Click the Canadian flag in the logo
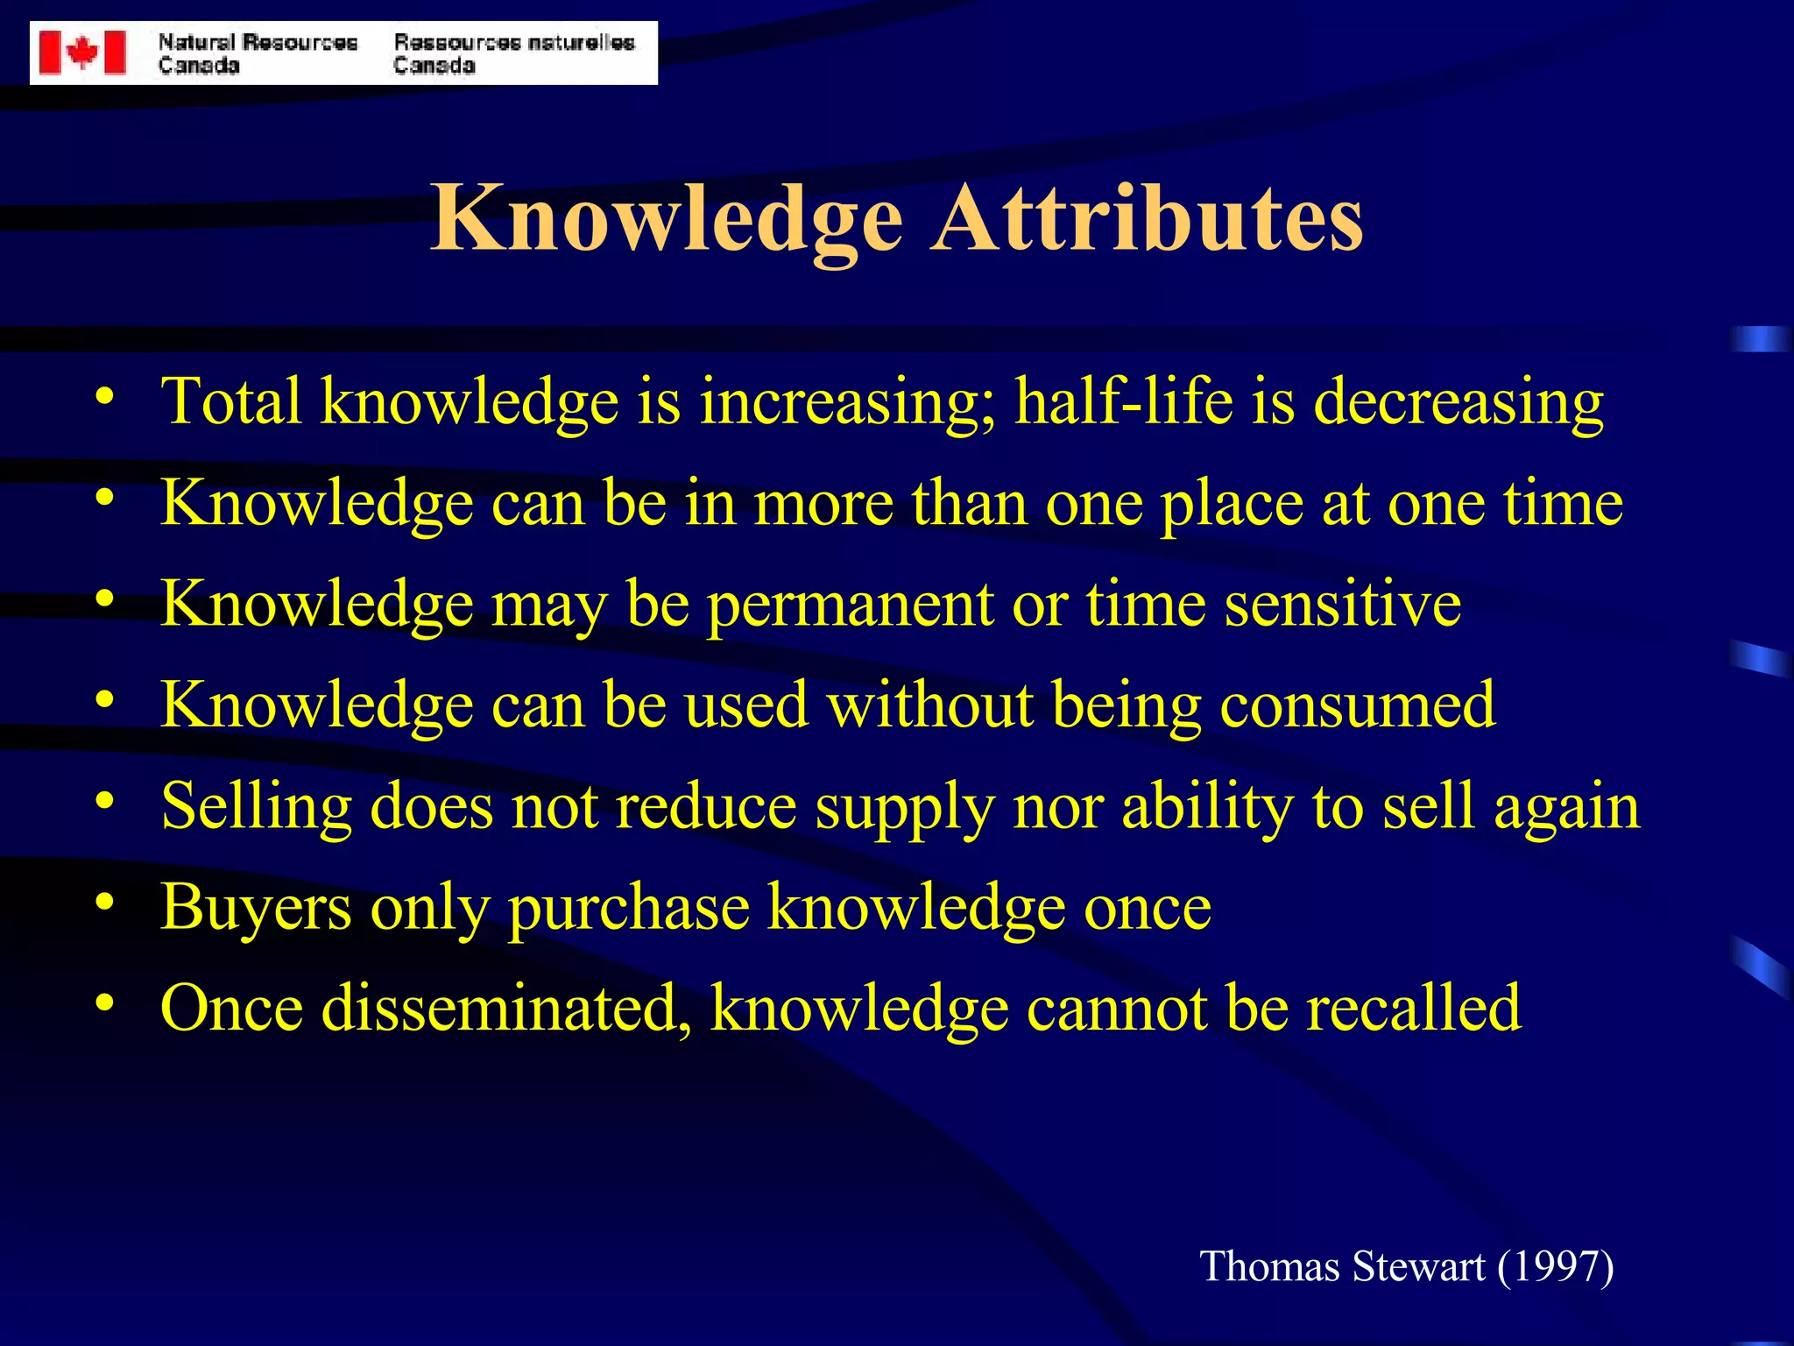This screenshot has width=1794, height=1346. click(x=82, y=53)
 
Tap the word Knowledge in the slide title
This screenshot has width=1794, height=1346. click(x=666, y=219)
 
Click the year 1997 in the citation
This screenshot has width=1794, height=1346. click(x=1554, y=1267)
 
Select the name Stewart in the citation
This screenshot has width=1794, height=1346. click(x=1419, y=1267)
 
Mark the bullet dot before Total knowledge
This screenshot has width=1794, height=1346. click(x=105, y=396)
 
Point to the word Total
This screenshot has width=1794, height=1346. click(x=231, y=401)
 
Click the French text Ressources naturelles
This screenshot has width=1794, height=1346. click(x=513, y=42)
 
